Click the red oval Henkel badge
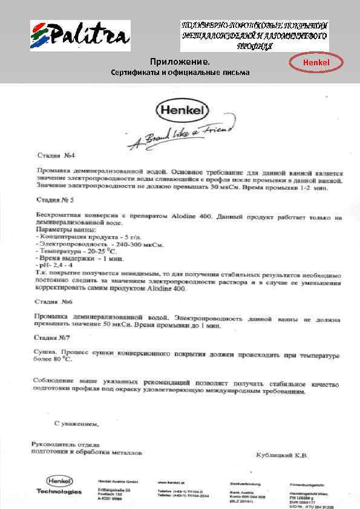tap(316, 62)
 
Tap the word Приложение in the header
tap(180, 62)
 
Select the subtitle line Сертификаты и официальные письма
tap(180, 73)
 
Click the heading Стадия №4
tap(53, 155)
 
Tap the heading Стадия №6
tap(53, 300)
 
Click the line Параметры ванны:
tap(66, 230)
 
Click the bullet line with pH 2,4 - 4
tap(55, 265)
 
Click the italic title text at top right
tap(254, 37)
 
